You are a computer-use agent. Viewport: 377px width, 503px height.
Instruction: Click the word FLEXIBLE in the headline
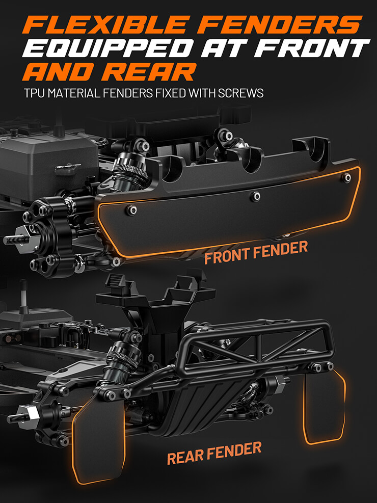(x=106, y=24)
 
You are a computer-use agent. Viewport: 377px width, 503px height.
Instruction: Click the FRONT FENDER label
(x=256, y=252)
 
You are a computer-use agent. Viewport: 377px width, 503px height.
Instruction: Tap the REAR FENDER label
(x=214, y=453)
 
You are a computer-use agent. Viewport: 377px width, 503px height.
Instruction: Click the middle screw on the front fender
(x=255, y=196)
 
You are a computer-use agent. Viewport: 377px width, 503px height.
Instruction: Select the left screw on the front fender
(x=131, y=210)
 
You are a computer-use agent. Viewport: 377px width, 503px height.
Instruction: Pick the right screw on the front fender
(x=346, y=177)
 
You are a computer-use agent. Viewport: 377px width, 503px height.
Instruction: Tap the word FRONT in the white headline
(x=314, y=48)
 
